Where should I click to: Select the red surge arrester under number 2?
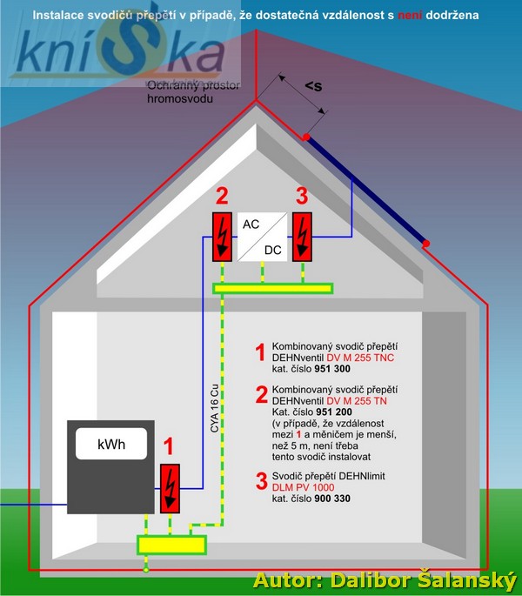click(x=221, y=236)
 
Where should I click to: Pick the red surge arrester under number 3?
click(x=302, y=236)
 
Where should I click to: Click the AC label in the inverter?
click(x=251, y=224)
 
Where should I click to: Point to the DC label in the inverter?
click(x=273, y=250)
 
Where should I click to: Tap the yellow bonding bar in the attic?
click(x=272, y=288)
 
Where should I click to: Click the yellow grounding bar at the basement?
click(x=171, y=545)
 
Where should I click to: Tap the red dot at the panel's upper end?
click(x=306, y=137)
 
